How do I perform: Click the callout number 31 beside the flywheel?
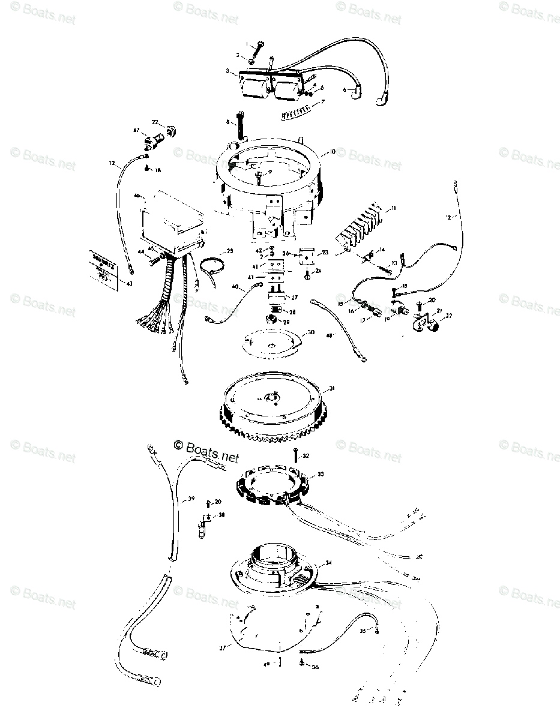point(332,389)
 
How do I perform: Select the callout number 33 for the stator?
point(321,474)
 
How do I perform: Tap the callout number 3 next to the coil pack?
point(228,71)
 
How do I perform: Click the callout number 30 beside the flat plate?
point(310,332)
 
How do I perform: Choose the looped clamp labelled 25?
point(210,265)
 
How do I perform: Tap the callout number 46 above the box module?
point(137,196)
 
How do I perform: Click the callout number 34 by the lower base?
point(328,563)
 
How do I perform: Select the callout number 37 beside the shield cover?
point(221,648)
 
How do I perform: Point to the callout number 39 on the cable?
point(191,499)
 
